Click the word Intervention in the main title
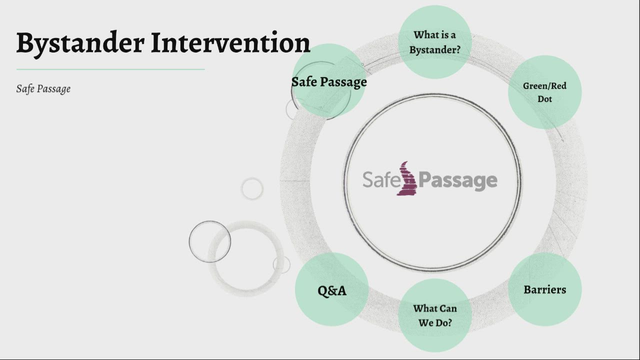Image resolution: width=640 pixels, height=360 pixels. [230, 43]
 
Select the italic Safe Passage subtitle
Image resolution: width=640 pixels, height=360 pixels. [43, 88]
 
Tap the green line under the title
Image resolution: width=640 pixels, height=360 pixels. [110, 69]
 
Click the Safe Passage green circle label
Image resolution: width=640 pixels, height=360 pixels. [329, 81]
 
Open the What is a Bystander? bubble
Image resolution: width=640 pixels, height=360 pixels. [434, 42]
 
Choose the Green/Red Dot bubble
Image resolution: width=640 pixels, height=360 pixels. [544, 92]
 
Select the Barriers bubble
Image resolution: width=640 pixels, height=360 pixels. [544, 289]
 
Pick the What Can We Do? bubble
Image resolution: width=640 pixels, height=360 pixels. [434, 315]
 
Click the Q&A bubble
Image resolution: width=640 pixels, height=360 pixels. [331, 290]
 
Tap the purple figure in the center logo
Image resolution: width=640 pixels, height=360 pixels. [407, 178]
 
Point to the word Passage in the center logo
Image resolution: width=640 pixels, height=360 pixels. [457, 180]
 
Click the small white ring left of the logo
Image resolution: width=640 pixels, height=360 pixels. [252, 188]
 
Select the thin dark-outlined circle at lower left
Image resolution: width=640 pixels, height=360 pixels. [209, 241]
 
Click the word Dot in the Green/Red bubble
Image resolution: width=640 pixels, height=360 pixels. [544, 99]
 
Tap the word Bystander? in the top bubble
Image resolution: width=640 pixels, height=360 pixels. [434, 49]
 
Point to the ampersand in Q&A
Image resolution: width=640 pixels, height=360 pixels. [332, 290]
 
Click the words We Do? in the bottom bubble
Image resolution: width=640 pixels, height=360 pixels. [435, 322]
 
